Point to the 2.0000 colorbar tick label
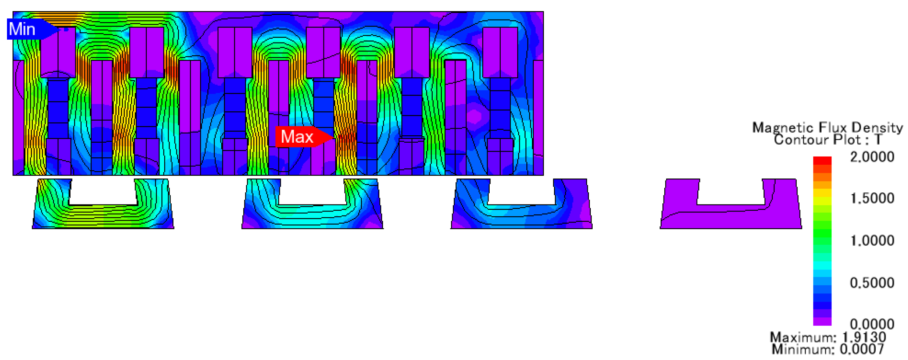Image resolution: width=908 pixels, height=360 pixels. (872, 157)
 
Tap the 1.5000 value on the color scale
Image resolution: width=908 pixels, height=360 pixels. (872, 199)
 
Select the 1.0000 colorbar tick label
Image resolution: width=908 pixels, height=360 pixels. (872, 241)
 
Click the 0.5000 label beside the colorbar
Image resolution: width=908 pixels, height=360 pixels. (872, 283)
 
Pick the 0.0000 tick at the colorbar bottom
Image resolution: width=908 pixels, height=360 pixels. (872, 324)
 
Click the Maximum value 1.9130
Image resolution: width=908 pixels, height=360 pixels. (864, 337)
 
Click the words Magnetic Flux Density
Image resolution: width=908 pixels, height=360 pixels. (827, 128)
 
